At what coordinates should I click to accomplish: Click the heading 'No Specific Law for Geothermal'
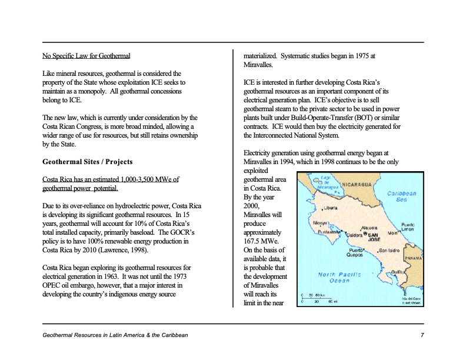pos(86,56)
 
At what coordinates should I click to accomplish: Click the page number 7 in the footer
pos(422,335)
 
